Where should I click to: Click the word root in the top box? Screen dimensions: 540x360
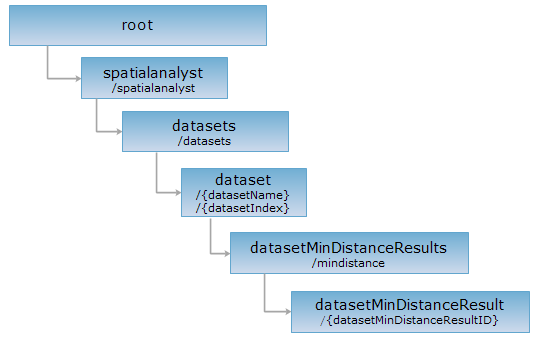(x=137, y=25)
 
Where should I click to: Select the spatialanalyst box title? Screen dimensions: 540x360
(x=153, y=73)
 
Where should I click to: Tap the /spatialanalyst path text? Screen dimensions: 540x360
(x=153, y=88)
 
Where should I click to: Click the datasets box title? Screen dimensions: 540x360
(x=204, y=126)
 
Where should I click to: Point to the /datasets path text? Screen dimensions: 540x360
(x=204, y=141)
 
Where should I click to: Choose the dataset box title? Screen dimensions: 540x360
(x=243, y=180)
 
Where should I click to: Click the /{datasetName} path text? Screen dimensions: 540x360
(x=242, y=195)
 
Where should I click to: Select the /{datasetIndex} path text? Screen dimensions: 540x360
(x=242, y=208)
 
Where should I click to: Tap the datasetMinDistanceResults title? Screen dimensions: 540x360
(x=349, y=248)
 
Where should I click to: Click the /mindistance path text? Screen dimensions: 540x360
(x=348, y=263)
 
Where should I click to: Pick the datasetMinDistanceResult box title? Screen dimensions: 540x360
(x=409, y=305)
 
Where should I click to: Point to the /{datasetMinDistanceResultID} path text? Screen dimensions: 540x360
(x=409, y=320)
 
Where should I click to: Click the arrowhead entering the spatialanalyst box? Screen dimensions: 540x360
(x=78, y=79)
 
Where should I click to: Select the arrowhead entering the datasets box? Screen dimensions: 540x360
(x=119, y=131)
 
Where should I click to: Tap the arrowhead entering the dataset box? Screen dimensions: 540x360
(x=178, y=193)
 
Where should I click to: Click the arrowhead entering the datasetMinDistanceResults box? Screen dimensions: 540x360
(x=227, y=254)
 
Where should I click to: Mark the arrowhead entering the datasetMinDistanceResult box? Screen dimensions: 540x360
(x=288, y=312)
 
